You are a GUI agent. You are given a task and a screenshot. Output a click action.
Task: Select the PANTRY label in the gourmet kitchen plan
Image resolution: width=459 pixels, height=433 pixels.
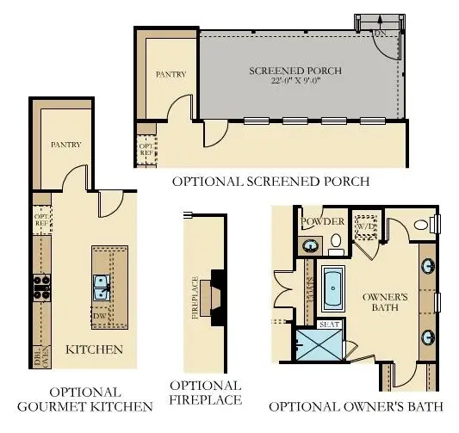point(65,145)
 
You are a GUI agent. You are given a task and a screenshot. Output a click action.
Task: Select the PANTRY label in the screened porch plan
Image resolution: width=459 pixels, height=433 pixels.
point(171,75)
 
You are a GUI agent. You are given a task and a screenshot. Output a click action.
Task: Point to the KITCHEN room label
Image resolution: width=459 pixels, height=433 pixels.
point(94,349)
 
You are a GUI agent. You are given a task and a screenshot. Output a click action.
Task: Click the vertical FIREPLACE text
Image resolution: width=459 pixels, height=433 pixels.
point(196,298)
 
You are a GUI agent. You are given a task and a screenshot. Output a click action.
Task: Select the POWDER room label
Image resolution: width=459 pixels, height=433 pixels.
point(322,221)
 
